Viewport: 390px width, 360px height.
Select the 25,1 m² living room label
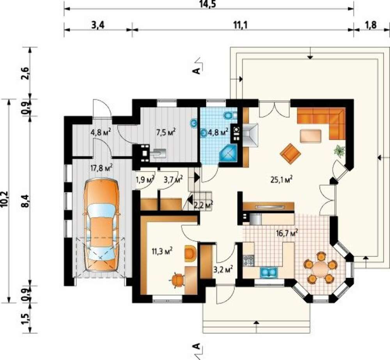281,180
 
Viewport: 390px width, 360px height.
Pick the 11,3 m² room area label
162,251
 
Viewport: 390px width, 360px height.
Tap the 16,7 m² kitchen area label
287,233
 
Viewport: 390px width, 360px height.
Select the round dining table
320,268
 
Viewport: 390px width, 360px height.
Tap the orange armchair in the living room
290,152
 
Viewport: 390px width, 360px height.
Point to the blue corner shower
228,153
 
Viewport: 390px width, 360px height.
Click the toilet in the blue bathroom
230,115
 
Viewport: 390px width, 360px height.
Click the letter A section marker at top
197,71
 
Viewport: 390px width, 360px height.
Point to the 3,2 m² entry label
223,269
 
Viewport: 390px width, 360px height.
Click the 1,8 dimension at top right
371,25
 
